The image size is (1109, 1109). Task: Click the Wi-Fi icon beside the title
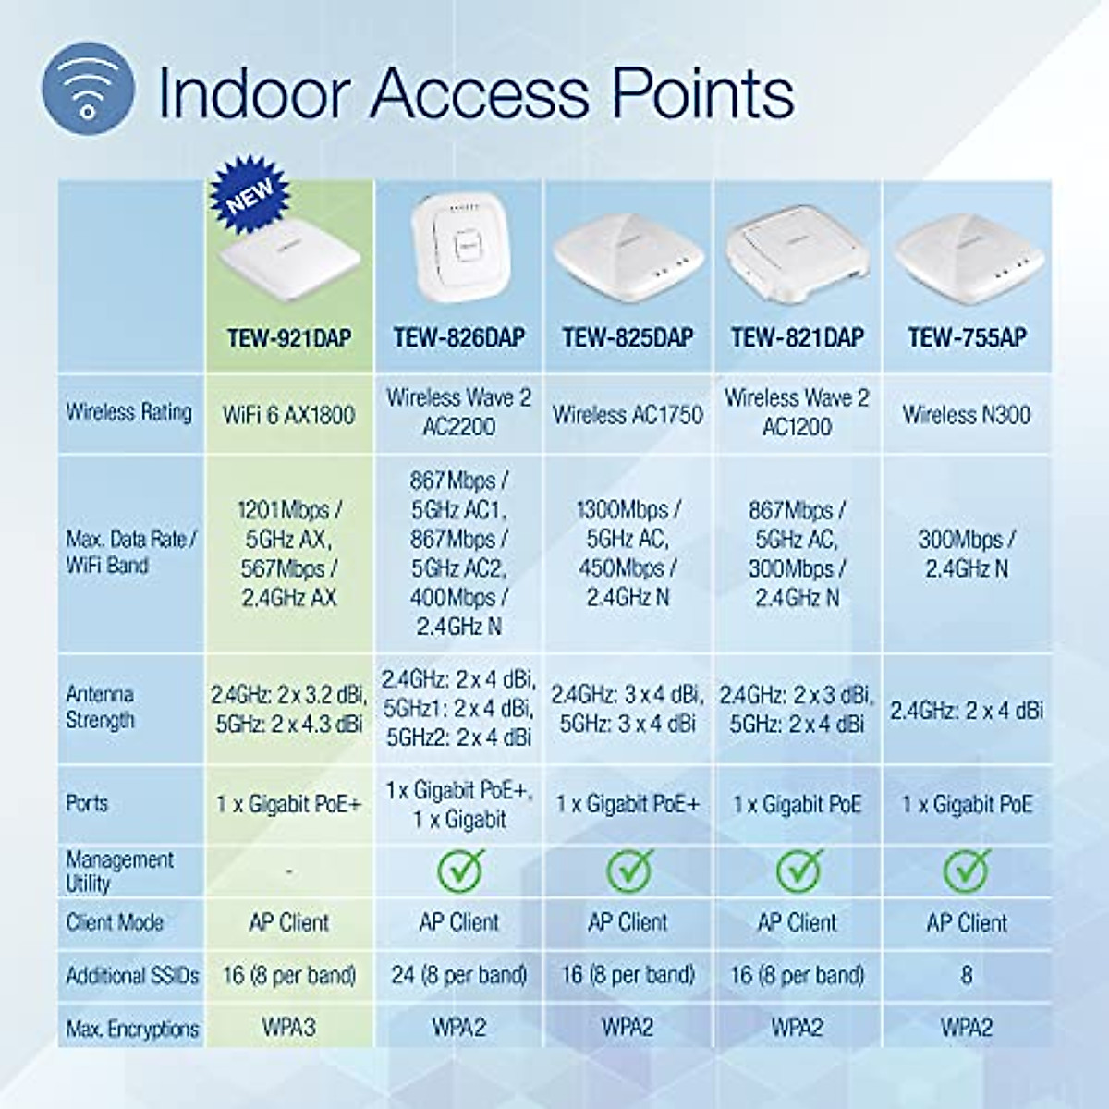88,90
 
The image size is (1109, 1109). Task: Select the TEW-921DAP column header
289,338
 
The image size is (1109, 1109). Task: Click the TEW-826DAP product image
459,247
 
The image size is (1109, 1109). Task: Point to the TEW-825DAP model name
628,338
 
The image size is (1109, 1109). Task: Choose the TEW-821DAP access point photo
797,254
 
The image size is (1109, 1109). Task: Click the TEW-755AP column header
967,338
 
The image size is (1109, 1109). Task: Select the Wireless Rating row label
129,412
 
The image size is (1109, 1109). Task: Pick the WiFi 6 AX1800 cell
289,415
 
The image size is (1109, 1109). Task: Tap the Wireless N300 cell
967,415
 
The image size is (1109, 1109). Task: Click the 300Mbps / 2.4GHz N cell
967,554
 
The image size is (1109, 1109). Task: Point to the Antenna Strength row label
101,707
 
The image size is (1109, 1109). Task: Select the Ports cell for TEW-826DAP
459,804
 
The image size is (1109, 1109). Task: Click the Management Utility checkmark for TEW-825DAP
629,870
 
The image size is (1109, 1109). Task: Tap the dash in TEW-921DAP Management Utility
289,871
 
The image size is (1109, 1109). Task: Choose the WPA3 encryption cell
289,1028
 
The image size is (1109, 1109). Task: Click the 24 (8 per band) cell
459,975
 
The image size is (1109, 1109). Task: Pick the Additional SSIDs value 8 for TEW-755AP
967,975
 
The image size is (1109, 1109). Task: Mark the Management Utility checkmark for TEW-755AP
967,870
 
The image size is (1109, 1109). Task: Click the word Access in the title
480,92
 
